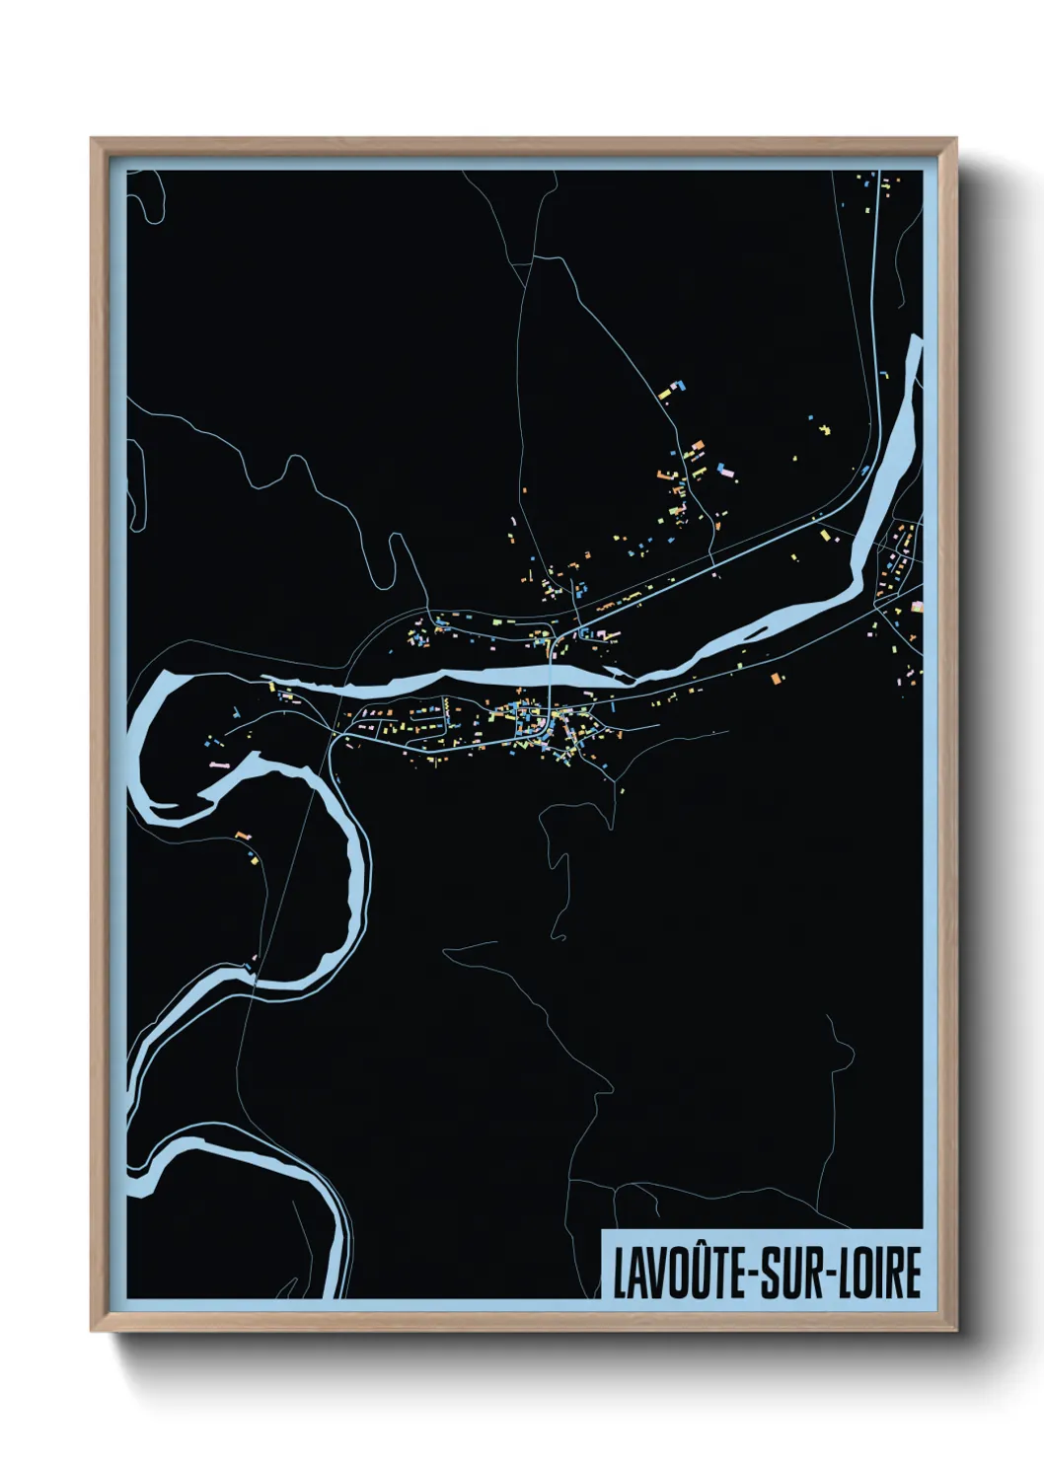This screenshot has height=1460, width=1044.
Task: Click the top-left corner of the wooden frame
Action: (x=93, y=139)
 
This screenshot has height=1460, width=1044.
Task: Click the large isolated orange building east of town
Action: (x=775, y=677)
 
